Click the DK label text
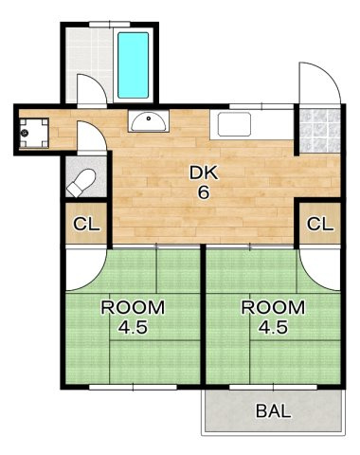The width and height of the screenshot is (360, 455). pyautogui.click(x=202, y=173)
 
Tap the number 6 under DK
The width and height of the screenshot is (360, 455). pyautogui.click(x=202, y=192)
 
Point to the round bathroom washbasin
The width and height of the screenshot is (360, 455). pyautogui.click(x=147, y=120)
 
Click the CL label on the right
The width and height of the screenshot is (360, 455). pyautogui.click(x=319, y=225)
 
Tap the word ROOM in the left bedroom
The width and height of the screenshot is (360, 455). pyautogui.click(x=133, y=307)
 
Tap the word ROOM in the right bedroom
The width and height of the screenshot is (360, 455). pyautogui.click(x=272, y=307)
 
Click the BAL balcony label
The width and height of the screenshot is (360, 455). pyautogui.click(x=273, y=411)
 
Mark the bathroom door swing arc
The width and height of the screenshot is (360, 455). pyautogui.click(x=91, y=90)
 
